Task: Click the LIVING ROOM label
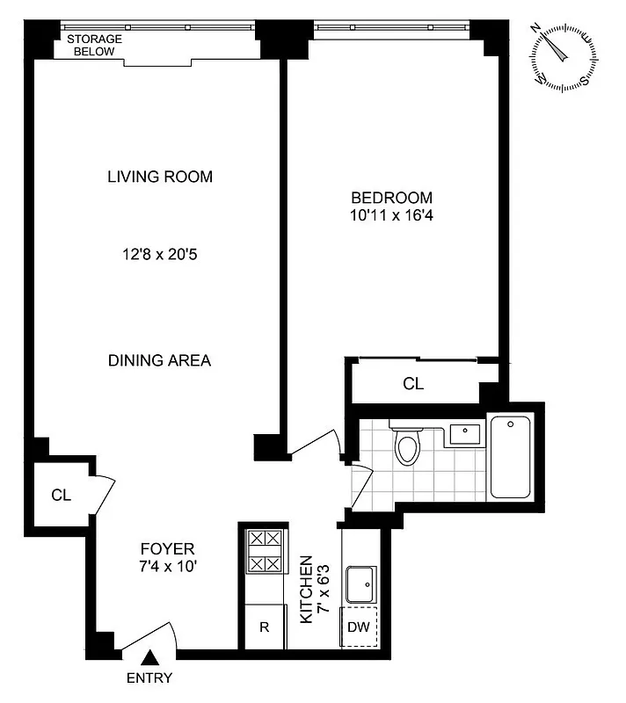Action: pyautogui.click(x=160, y=177)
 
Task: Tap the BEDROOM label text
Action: pyautogui.click(x=392, y=197)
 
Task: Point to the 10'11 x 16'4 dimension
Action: pyautogui.click(x=392, y=214)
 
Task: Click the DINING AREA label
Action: pyautogui.click(x=159, y=360)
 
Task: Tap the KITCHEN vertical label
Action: pyautogui.click(x=307, y=589)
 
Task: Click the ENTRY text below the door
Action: pyautogui.click(x=149, y=678)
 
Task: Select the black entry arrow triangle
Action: pyautogui.click(x=150, y=657)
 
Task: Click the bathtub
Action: pyautogui.click(x=512, y=457)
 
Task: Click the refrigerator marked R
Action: pyautogui.click(x=264, y=627)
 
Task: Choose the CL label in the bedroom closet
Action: pyautogui.click(x=413, y=384)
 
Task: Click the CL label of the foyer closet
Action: pyautogui.click(x=61, y=495)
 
